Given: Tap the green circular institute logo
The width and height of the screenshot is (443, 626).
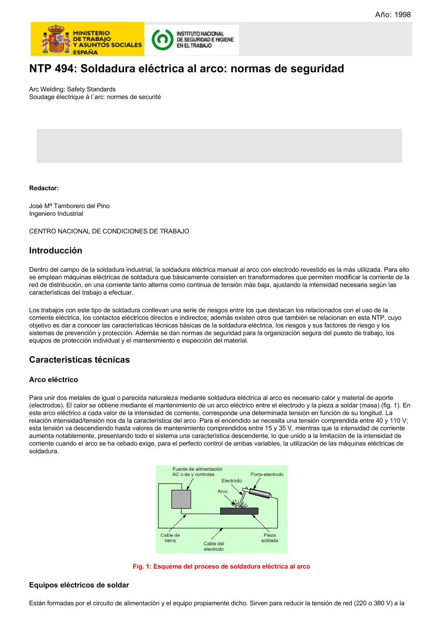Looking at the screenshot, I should (162, 39).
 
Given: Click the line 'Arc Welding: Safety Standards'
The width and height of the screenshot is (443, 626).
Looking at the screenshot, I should (72, 89).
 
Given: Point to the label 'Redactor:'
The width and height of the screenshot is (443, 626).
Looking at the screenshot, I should (44, 188).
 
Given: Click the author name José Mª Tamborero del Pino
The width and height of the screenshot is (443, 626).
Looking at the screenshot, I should (70, 206).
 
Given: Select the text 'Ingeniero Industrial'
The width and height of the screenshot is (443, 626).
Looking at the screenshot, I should (56, 214).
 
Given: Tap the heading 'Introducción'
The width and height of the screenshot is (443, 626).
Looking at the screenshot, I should (56, 250).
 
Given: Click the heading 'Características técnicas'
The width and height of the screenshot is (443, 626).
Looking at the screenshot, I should (79, 360).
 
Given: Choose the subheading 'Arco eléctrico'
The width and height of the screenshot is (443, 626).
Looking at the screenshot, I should (54, 380).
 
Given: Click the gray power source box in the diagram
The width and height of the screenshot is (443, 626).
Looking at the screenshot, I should (181, 499).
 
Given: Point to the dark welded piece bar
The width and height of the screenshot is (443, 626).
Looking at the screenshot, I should (239, 511).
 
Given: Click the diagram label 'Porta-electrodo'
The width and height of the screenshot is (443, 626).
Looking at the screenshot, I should (267, 474).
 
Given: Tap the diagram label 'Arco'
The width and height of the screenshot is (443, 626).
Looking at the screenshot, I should (222, 491).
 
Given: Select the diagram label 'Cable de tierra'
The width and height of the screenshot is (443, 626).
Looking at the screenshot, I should (170, 538).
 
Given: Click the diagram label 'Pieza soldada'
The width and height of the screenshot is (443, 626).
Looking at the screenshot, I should (269, 538).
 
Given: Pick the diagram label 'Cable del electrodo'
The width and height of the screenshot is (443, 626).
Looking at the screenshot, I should (214, 546).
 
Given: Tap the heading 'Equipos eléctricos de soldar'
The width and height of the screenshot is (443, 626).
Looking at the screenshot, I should (79, 585).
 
